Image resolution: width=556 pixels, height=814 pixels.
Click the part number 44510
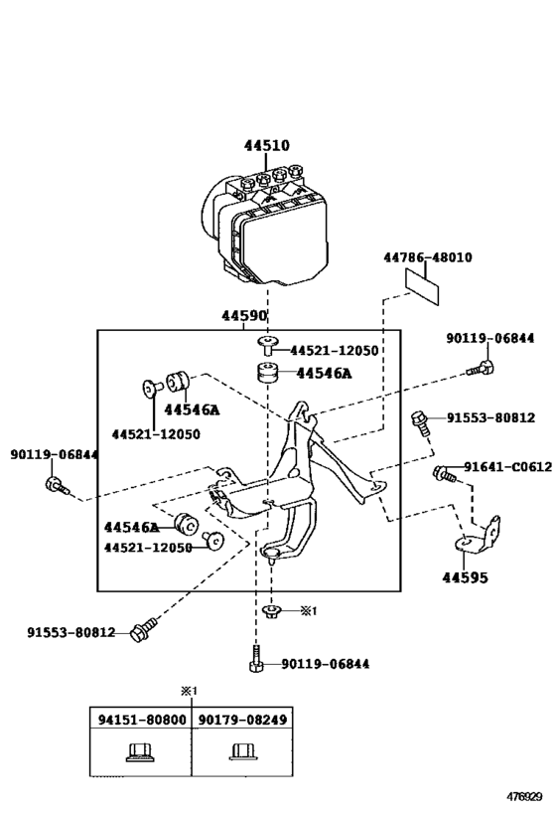click(x=267, y=145)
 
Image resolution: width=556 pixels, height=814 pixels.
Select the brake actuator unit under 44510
click(x=266, y=225)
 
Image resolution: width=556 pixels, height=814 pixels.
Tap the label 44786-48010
click(x=427, y=257)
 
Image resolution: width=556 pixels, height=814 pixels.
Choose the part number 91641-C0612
click(x=506, y=466)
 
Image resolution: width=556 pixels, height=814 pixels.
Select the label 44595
click(x=464, y=576)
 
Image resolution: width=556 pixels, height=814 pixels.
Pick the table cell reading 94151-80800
click(x=140, y=719)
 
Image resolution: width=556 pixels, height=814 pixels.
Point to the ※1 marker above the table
click(x=189, y=691)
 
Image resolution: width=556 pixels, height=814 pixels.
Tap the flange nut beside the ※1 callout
click(x=270, y=610)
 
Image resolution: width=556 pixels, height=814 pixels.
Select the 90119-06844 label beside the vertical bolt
click(x=325, y=664)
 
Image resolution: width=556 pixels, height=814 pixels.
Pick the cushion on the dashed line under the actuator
click(x=266, y=374)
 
